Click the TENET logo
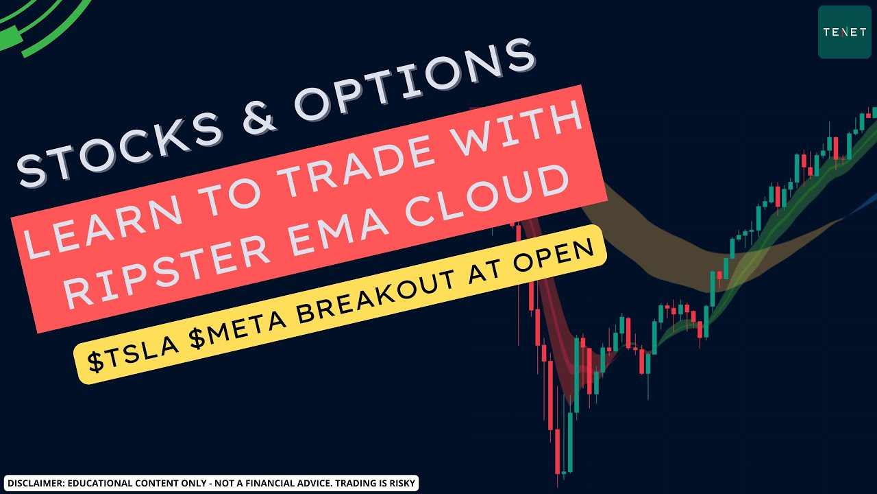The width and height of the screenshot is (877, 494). click(845, 32)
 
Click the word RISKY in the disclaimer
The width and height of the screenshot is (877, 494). click(401, 483)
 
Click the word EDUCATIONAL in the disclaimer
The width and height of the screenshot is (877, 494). click(97, 483)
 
